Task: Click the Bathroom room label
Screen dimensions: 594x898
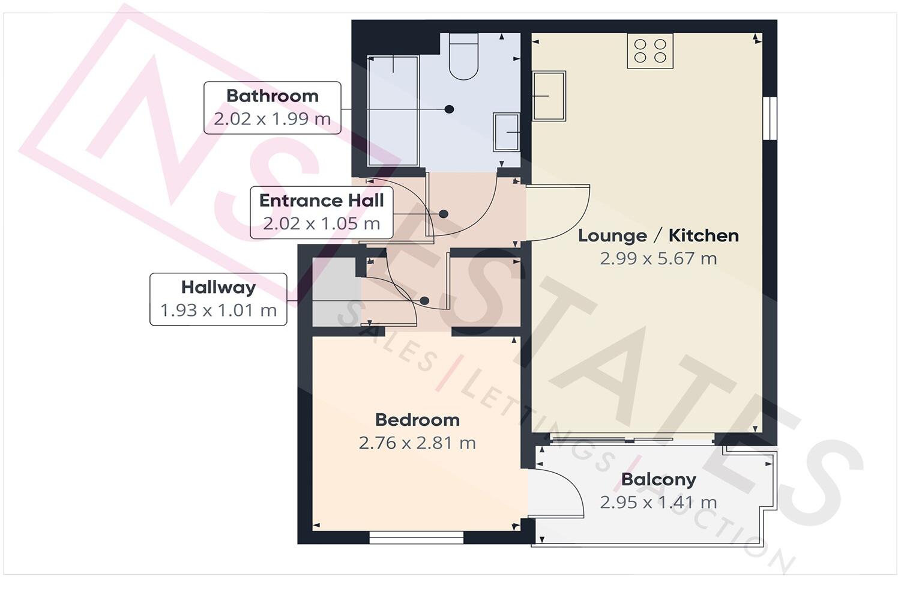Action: [x=272, y=95]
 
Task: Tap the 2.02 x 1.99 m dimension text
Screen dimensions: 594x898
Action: [x=272, y=118]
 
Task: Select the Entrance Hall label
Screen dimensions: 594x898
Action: [x=321, y=201]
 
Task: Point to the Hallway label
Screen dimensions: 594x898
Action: [x=218, y=287]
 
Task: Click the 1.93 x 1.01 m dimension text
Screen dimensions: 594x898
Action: [x=218, y=311]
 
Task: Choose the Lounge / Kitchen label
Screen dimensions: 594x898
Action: [x=658, y=235]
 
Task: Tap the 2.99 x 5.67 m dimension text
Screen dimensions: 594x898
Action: [x=658, y=259]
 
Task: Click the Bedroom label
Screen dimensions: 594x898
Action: [x=417, y=420]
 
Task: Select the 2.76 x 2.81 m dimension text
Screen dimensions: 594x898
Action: [x=417, y=443]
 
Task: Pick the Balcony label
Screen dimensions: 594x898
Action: [x=658, y=479]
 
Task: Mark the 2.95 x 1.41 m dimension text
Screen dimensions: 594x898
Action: [x=658, y=502]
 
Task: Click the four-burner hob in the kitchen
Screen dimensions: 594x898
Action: [x=650, y=51]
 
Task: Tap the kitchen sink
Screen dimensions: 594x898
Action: [x=549, y=95]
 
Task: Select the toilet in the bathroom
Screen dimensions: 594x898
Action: [x=463, y=57]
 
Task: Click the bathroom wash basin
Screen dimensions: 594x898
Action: [x=506, y=132]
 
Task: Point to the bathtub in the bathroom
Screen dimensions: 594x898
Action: [x=393, y=111]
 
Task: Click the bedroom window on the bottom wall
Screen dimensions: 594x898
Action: [x=416, y=537]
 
